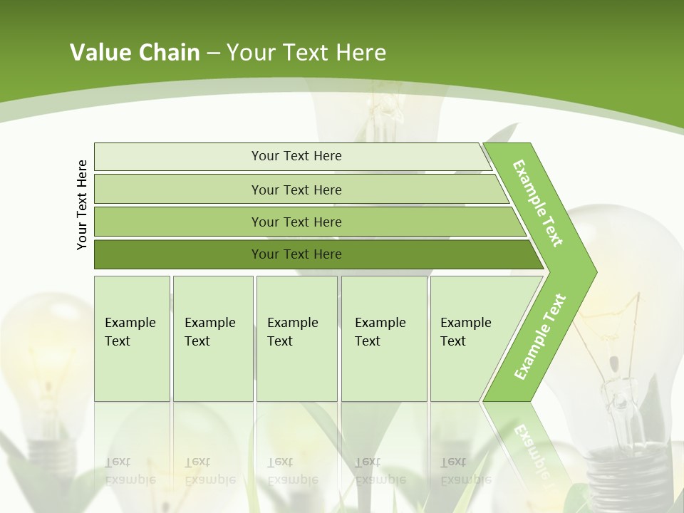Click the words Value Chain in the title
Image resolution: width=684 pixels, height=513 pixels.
click(x=135, y=53)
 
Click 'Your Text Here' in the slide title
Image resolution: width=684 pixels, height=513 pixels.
click(x=306, y=53)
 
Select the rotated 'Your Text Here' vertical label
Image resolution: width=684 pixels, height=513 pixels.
click(x=83, y=205)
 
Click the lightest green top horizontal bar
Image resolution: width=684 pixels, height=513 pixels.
click(x=296, y=156)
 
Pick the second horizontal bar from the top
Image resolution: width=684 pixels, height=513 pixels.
click(x=296, y=190)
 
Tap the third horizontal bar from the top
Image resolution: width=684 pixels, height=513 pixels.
click(x=296, y=222)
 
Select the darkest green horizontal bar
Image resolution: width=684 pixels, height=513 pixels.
click(x=296, y=254)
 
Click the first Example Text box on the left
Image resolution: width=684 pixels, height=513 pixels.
click(x=132, y=338)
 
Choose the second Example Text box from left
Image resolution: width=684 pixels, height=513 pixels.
click(x=212, y=338)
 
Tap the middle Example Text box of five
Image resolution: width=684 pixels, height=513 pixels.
click(x=296, y=338)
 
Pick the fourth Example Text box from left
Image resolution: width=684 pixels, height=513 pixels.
click(x=383, y=338)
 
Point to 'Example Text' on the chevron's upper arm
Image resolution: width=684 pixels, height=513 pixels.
click(x=538, y=203)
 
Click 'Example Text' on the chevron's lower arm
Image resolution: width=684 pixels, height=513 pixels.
click(x=540, y=336)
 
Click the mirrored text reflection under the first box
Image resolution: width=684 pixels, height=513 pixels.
click(x=130, y=470)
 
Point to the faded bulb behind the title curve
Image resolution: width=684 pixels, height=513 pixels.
click(x=385, y=114)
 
